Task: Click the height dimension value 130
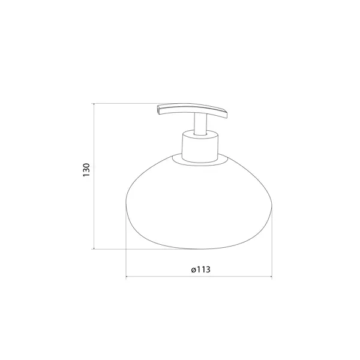[86, 170]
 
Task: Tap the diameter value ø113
[200, 269]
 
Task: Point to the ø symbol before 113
[193, 270]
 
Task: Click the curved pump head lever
[193, 109]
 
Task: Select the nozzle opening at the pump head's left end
[158, 110]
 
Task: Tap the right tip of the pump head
[227, 115]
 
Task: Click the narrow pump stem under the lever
[200, 124]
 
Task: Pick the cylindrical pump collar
[200, 147]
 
